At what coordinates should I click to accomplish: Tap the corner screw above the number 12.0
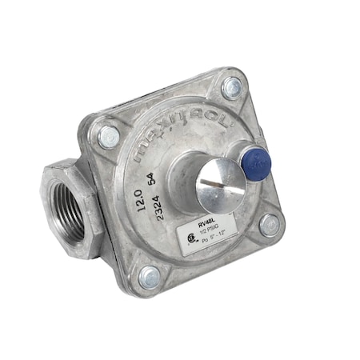click(x=108, y=136)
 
